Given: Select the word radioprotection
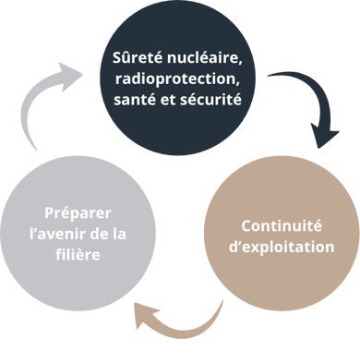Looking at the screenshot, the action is pyautogui.click(x=177, y=79).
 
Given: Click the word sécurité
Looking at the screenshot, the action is pyautogui.click(x=210, y=99).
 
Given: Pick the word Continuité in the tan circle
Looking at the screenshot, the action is pyautogui.click(x=282, y=225).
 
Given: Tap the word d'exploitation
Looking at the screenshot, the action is pyautogui.click(x=282, y=247).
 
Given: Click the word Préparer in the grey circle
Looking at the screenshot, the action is pyautogui.click(x=78, y=213).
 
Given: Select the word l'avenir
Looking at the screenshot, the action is pyautogui.click(x=57, y=234).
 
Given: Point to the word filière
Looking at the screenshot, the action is pyautogui.click(x=78, y=255).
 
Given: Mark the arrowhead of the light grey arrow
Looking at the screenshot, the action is pyautogui.click(x=70, y=76).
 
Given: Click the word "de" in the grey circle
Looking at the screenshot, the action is pyautogui.click(x=99, y=234).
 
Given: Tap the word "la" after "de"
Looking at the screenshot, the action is pyautogui.click(x=119, y=234).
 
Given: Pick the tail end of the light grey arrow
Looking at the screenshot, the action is pyautogui.click(x=36, y=150).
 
